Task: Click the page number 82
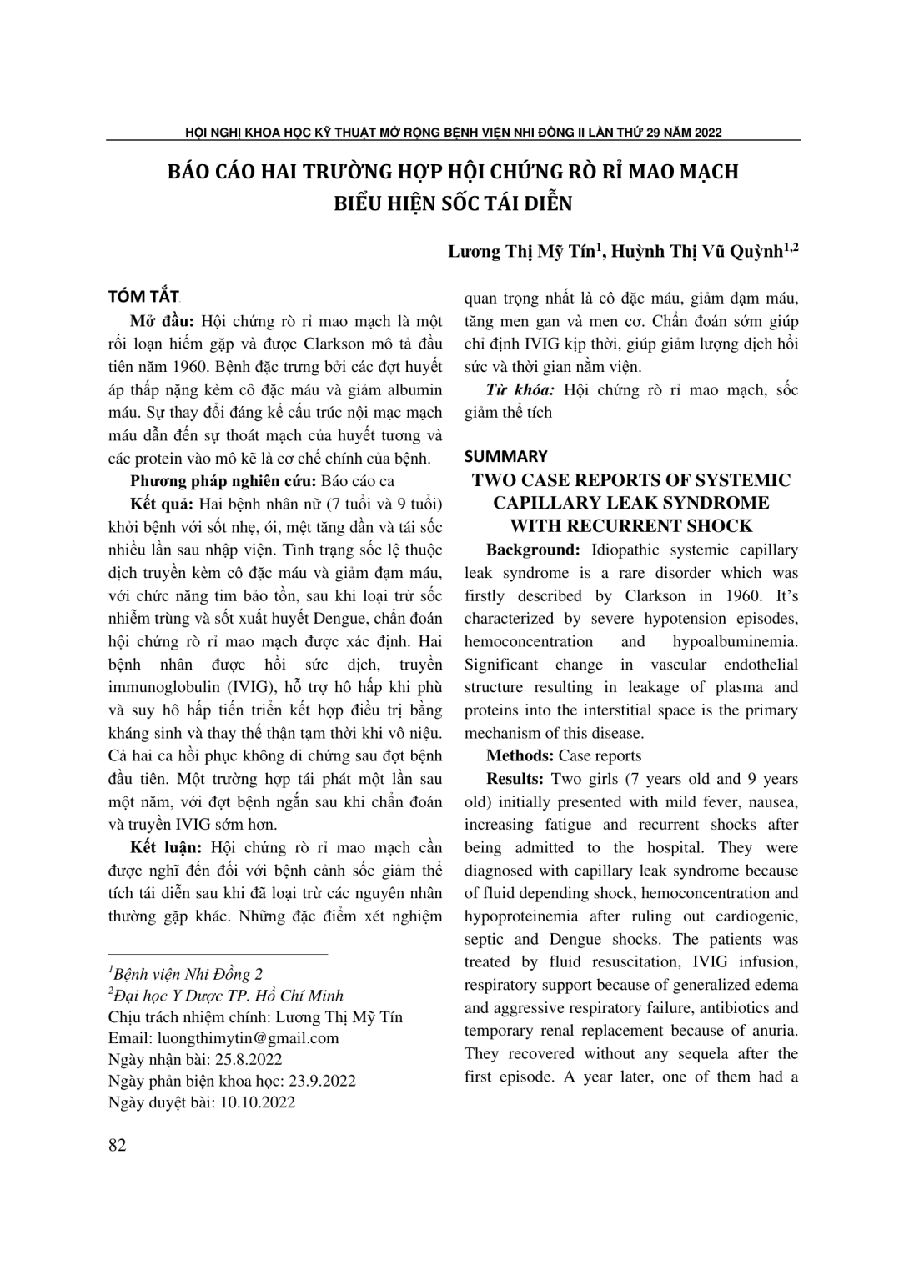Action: click(x=118, y=1145)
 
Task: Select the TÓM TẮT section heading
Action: click(x=144, y=297)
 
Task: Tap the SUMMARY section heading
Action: click(x=506, y=456)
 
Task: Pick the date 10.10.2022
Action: click(x=257, y=1102)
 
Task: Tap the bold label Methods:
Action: click(x=520, y=756)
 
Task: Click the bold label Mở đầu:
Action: click(x=163, y=321)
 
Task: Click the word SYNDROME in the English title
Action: click(x=715, y=503)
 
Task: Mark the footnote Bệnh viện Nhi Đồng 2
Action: click(x=188, y=974)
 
